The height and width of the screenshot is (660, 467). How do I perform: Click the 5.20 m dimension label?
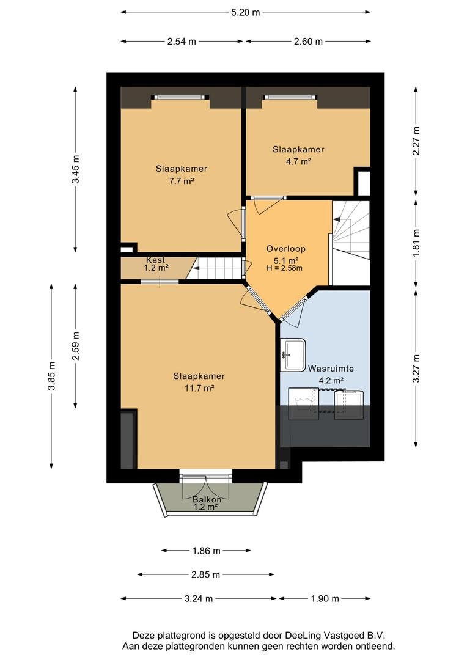coord(246,12)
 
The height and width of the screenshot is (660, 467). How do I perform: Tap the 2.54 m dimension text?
coord(182,42)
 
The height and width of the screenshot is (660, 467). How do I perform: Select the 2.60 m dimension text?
coord(308,42)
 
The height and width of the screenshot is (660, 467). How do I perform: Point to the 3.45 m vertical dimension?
coord(75,170)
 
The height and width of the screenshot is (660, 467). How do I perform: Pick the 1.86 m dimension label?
coord(207,551)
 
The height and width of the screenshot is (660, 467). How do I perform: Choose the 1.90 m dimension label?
coord(325,598)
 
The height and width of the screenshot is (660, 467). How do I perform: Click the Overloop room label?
coord(286,249)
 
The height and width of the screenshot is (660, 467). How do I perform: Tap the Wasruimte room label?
coord(331,369)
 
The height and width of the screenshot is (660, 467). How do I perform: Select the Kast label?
coord(156,260)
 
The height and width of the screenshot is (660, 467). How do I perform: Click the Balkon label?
coord(207,500)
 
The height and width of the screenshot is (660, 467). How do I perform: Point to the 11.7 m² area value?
coord(199,388)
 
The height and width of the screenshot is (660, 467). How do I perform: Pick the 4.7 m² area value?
coord(298,161)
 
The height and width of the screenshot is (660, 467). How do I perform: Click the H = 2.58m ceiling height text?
coord(285,268)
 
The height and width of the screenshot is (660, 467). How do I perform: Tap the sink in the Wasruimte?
coord(293,355)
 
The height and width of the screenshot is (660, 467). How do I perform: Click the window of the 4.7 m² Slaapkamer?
coord(289,97)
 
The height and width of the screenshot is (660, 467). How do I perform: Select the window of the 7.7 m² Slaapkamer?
coord(181,97)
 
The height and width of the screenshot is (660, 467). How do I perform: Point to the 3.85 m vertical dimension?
coord(51,376)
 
